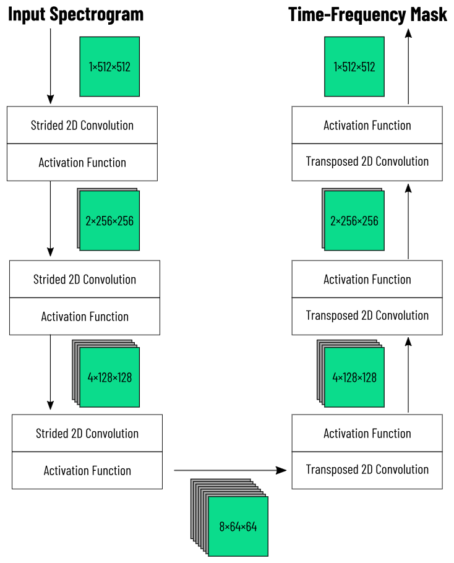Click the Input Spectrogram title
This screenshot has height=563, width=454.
pyautogui.click(x=75, y=14)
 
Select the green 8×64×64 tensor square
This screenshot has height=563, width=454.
pyautogui.click(x=238, y=526)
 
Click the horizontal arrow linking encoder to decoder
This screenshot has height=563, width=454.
pyautogui.click(x=230, y=470)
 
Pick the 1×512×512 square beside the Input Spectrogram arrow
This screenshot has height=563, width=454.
pyautogui.click(x=109, y=67)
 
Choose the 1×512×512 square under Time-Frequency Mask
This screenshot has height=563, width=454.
pyautogui.click(x=354, y=67)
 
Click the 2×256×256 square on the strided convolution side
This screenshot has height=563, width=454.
pyautogui.click(x=109, y=220)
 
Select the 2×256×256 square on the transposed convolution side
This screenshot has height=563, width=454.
pyautogui.click(x=354, y=220)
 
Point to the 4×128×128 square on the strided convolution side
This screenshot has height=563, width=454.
pyautogui.click(x=109, y=377)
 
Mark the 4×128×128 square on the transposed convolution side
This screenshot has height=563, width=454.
pyautogui.click(x=354, y=377)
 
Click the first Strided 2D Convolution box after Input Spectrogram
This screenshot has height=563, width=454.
pyautogui.click(x=82, y=125)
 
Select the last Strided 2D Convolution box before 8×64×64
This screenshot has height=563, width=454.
pyautogui.click(x=87, y=433)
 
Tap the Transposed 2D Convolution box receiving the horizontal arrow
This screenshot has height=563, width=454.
pyautogui.click(x=367, y=470)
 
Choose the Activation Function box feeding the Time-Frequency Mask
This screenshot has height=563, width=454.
pyautogui.click(x=367, y=125)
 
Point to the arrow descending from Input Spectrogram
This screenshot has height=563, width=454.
pyautogui.click(x=50, y=65)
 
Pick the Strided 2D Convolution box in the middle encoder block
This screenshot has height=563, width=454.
pyautogui.click(x=85, y=279)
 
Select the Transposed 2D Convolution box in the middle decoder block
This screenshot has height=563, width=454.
pyautogui.click(x=367, y=316)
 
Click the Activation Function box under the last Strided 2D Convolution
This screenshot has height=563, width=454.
pyautogui.click(x=87, y=470)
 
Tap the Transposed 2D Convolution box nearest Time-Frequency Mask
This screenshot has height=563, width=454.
pyautogui.click(x=367, y=161)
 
